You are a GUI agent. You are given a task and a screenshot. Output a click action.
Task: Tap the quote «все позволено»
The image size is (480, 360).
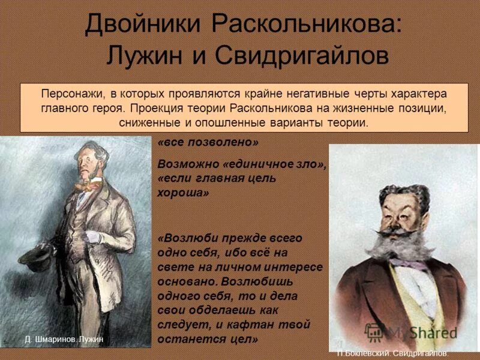pos(208,143)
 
